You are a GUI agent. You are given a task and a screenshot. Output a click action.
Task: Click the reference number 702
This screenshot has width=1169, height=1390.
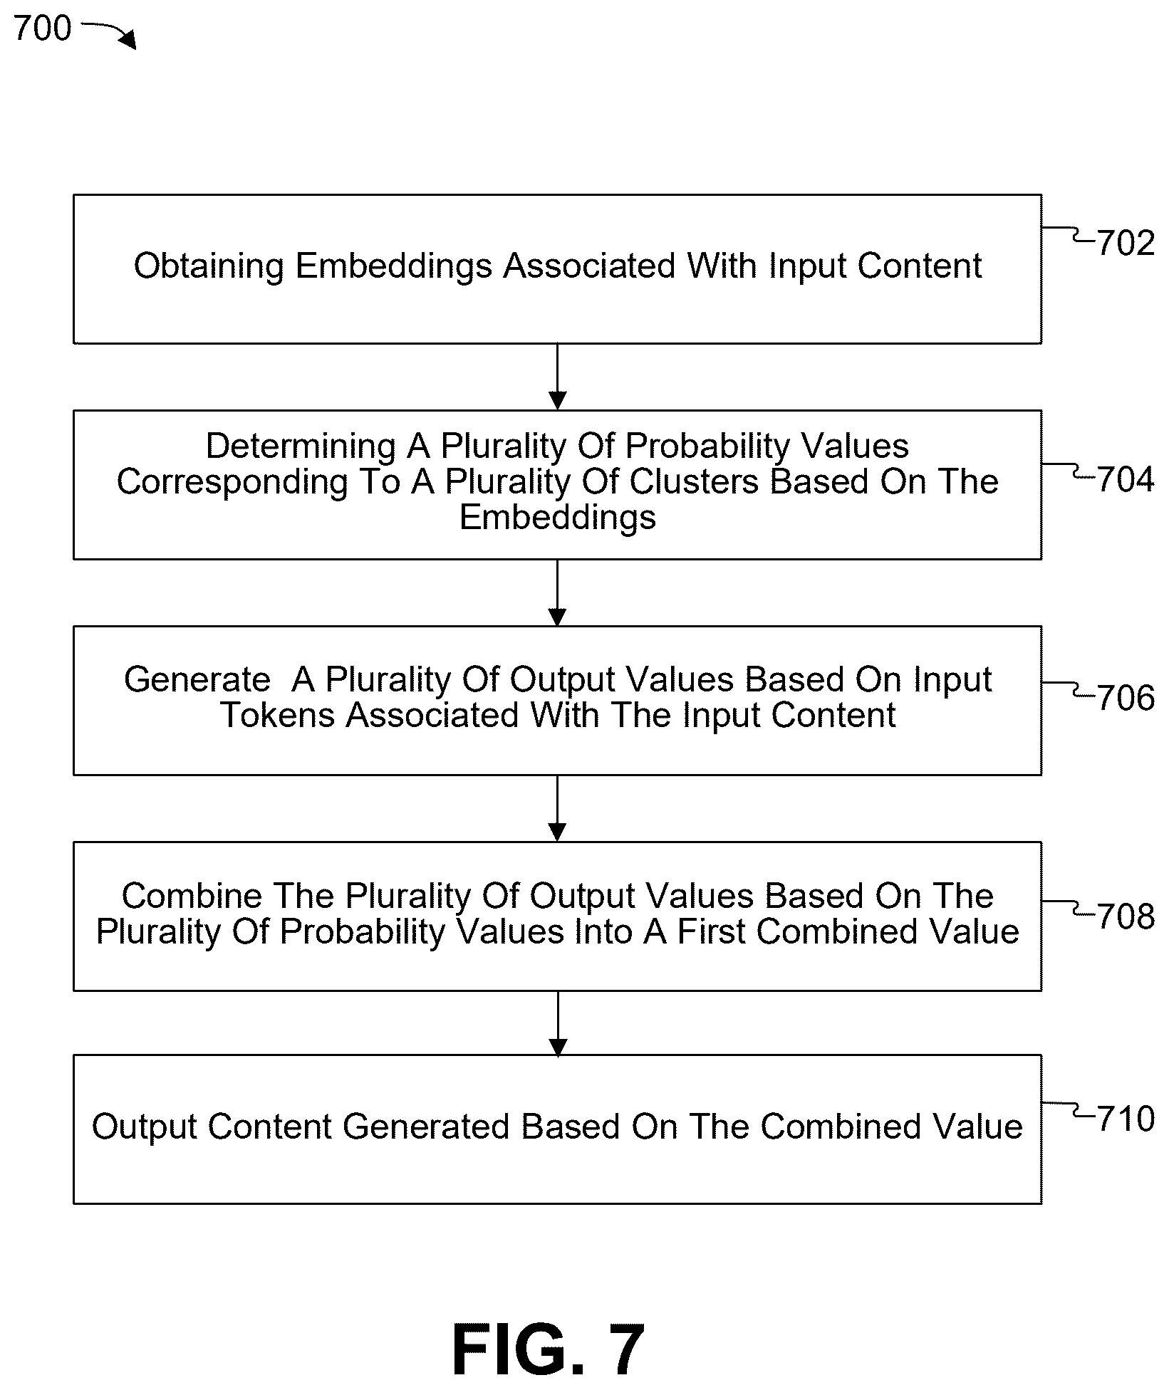1126,244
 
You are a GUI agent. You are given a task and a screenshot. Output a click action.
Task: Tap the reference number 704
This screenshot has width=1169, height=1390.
1126,480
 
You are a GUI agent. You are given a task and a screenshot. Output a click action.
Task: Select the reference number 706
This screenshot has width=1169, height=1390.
1126,698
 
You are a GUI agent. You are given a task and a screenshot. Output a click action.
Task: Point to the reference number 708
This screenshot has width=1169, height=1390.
1126,916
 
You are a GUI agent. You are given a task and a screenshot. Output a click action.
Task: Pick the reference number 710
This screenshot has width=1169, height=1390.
1126,1119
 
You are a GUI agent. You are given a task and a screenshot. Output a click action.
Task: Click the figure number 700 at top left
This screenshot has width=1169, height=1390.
43,28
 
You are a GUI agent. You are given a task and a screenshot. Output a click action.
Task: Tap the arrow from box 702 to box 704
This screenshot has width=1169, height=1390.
558,377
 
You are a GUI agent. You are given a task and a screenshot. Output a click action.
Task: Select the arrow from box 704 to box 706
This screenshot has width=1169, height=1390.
558,592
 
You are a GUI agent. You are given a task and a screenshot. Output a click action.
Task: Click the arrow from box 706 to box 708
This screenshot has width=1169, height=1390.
558,808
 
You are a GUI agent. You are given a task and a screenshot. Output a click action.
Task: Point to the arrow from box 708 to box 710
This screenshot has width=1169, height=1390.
558,1023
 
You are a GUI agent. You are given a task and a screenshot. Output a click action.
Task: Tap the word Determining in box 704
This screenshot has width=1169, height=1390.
300,446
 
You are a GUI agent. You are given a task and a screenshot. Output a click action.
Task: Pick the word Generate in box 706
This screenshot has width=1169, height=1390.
197,679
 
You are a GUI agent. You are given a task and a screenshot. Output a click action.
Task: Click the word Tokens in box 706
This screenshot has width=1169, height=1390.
278,715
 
